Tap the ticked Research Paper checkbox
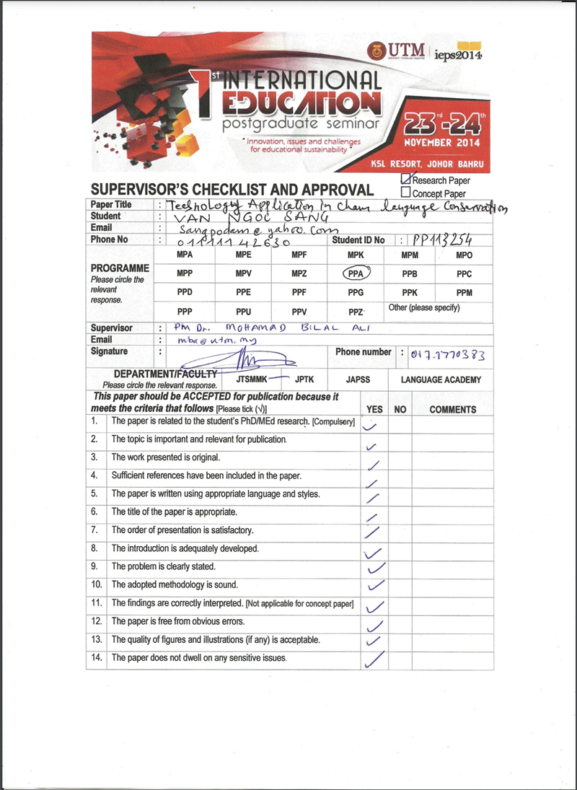click(406, 180)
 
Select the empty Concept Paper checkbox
click(405, 193)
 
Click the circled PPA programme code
click(355, 273)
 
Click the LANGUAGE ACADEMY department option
click(441, 379)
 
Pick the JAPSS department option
click(358, 379)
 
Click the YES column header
click(375, 409)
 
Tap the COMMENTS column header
click(452, 409)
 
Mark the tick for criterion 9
click(376, 568)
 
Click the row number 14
click(95, 658)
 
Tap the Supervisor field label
click(112, 328)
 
